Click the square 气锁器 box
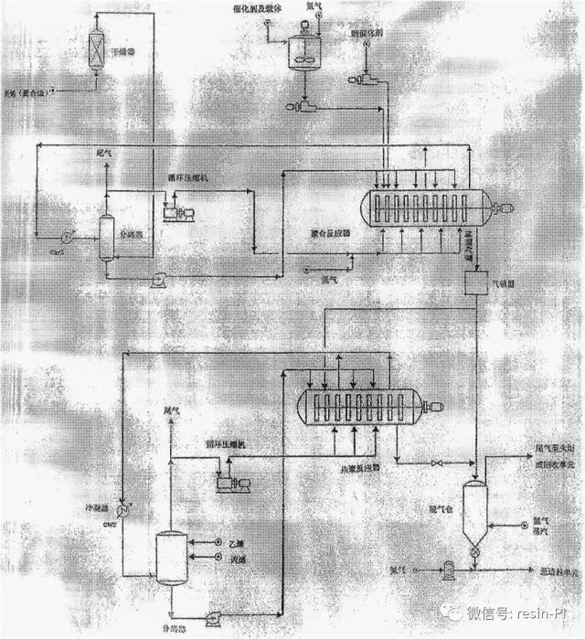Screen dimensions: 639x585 pos(477,284)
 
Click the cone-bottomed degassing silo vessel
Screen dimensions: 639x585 pos(475,507)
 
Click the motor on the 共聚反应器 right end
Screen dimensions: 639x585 pos(436,407)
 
